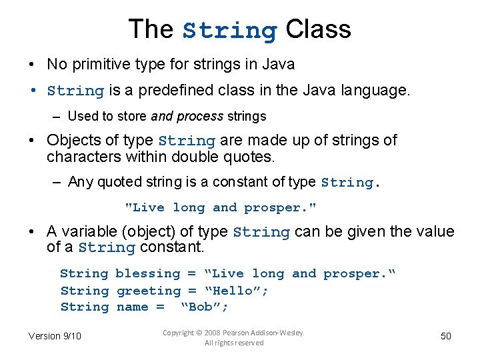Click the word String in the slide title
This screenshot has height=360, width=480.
pyautogui.click(x=230, y=31)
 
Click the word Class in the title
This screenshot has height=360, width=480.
pyautogui.click(x=318, y=29)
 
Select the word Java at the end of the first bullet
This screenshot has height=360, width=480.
pyautogui.click(x=279, y=65)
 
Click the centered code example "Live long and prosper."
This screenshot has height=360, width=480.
pyautogui.click(x=221, y=207)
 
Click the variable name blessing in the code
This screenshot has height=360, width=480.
pyautogui.click(x=147, y=273)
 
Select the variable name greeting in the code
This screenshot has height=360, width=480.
pyautogui.click(x=148, y=291)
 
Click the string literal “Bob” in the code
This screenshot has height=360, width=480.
pyautogui.click(x=204, y=307)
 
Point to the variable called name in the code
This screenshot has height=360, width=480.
pyautogui.click(x=132, y=307)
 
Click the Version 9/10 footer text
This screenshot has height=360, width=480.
pyautogui.click(x=55, y=336)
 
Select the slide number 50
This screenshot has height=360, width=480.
pyautogui.click(x=446, y=336)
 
